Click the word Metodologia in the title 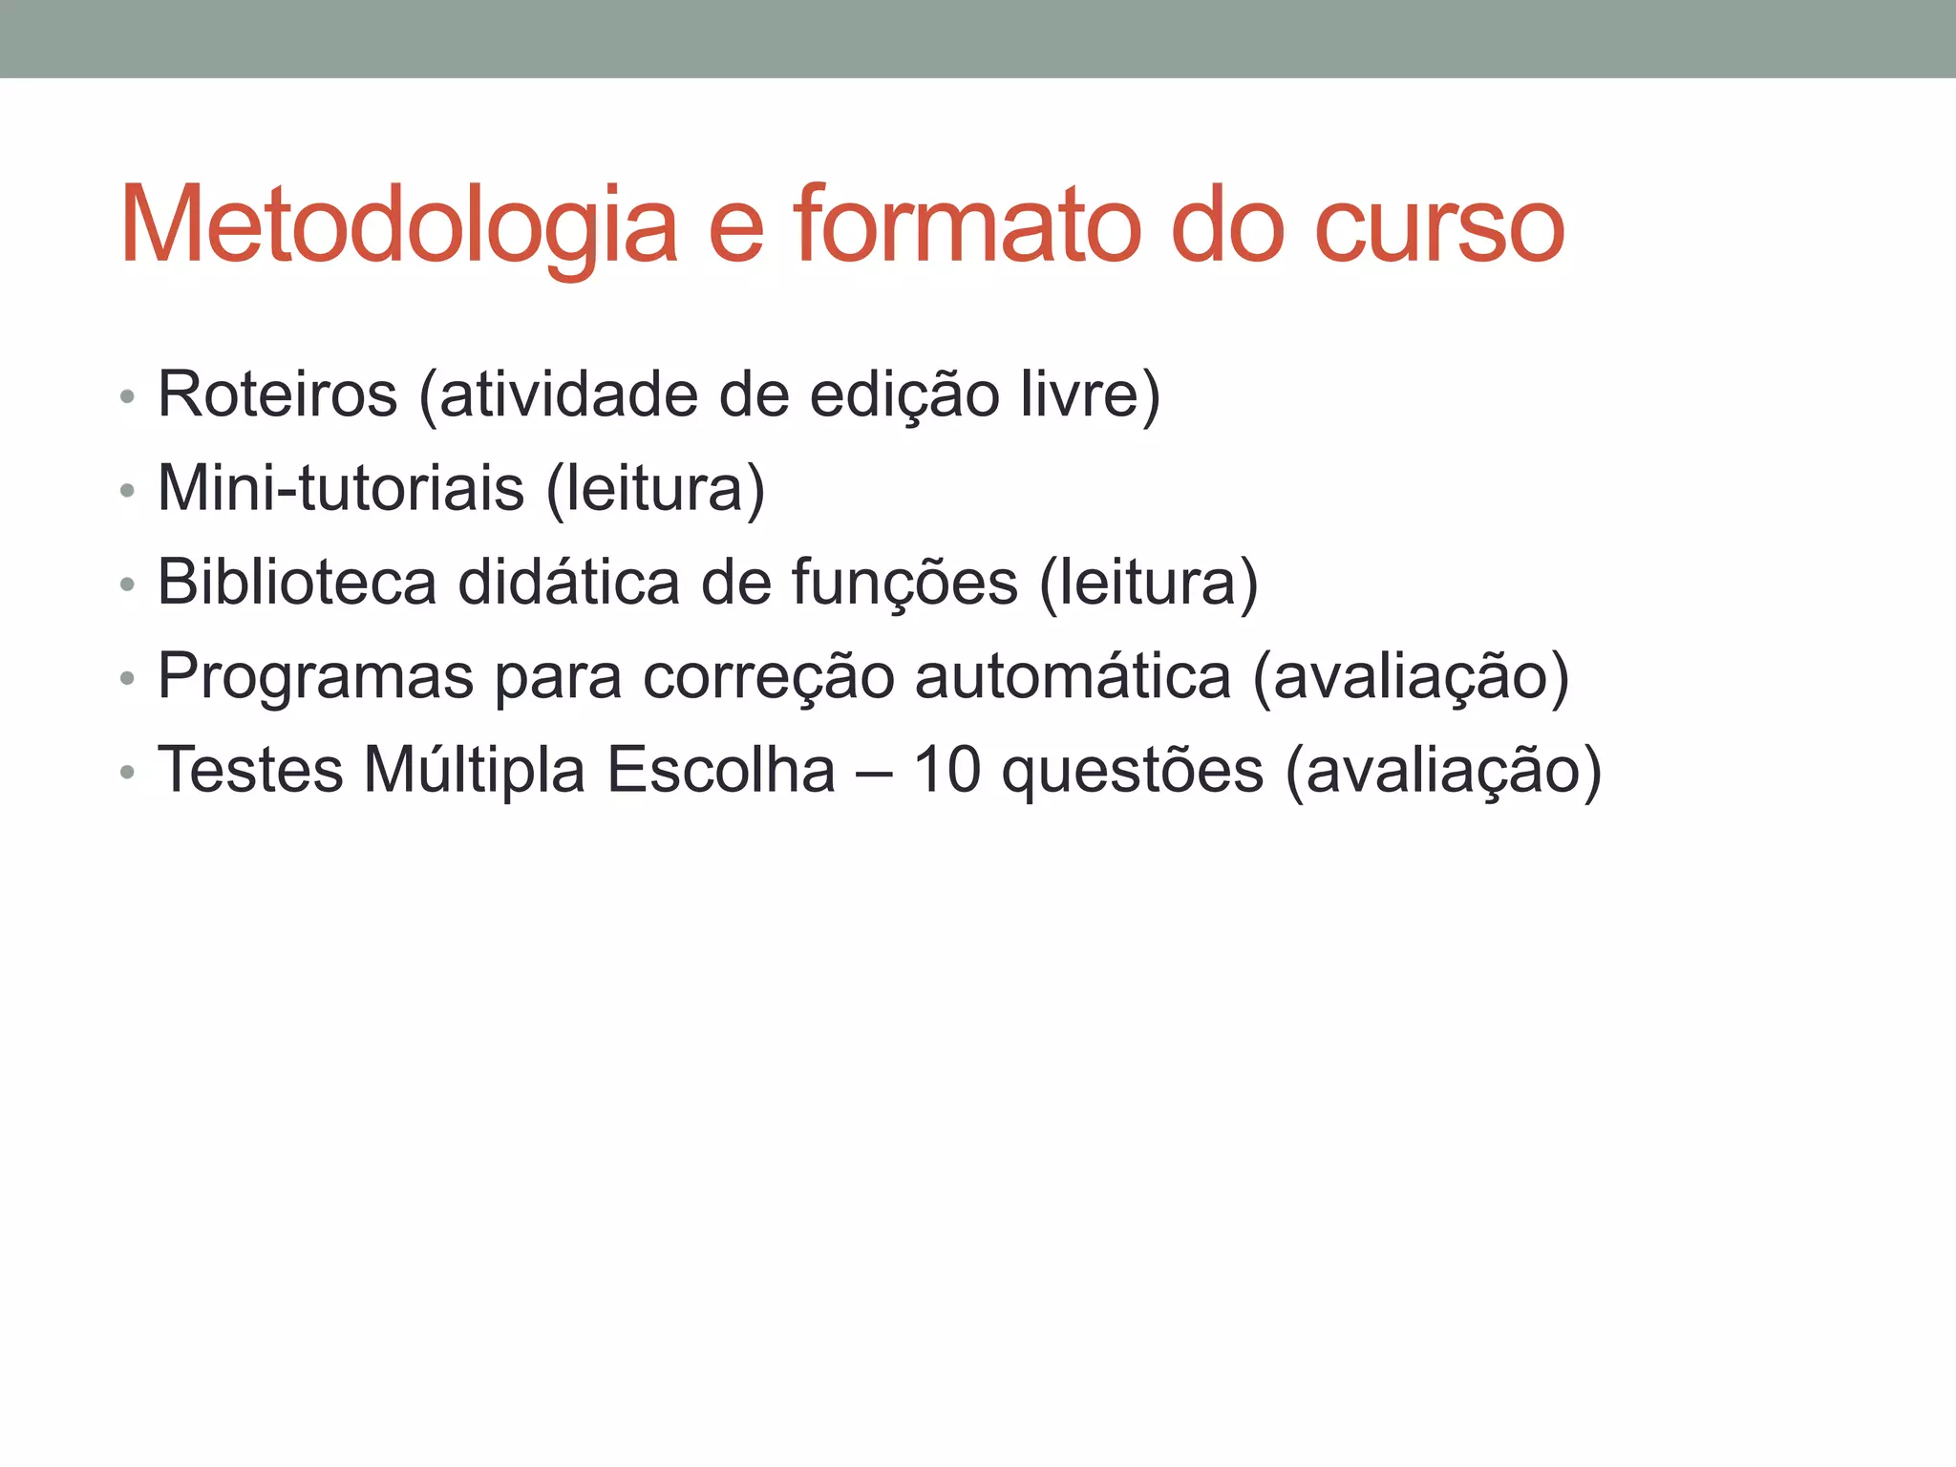[x=399, y=227]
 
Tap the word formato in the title [x=967, y=225]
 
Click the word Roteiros [x=277, y=393]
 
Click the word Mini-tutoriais [x=341, y=488]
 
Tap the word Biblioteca [x=297, y=582]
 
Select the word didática [x=568, y=582]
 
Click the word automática [x=1073, y=676]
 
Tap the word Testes [x=250, y=770]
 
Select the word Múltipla [x=475, y=770]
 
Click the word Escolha [x=721, y=770]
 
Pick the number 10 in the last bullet [x=947, y=770]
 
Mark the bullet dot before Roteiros [x=127, y=396]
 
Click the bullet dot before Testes [x=127, y=772]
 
